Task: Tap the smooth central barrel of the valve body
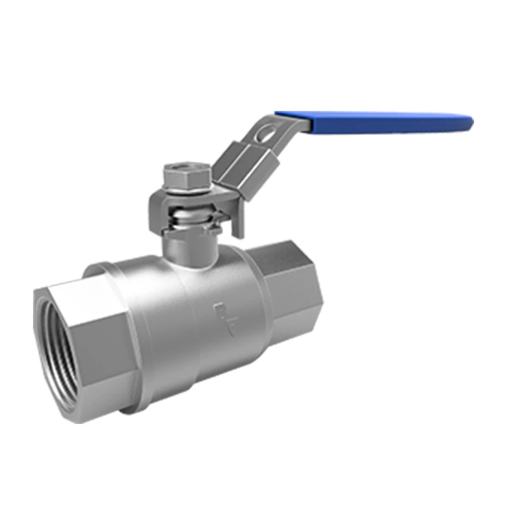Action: [x=190, y=317]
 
